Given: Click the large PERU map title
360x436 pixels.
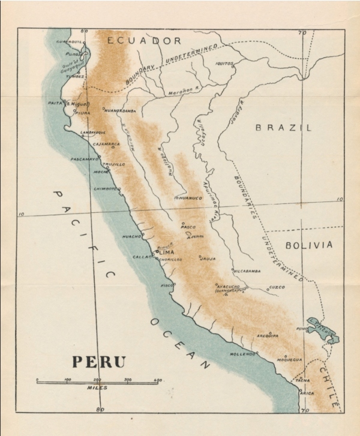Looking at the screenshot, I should click(99, 361).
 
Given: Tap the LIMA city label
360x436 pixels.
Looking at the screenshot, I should click(166, 253).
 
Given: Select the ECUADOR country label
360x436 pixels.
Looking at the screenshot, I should click(144, 41).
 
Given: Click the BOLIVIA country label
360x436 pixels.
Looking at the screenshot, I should click(308, 245).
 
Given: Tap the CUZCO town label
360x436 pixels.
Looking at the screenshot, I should click(276, 287).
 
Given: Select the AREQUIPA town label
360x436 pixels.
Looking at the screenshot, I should click(268, 336).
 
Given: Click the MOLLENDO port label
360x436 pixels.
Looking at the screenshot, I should click(243, 354).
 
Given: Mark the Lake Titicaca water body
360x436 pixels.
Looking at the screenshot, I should click(324, 329).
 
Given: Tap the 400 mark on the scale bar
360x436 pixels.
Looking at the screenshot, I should click(158, 380).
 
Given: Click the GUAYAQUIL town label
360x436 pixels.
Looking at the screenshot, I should click(68, 42).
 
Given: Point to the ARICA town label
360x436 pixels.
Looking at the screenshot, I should click(307, 393).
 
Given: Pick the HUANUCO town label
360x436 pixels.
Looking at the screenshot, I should click(188, 197).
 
